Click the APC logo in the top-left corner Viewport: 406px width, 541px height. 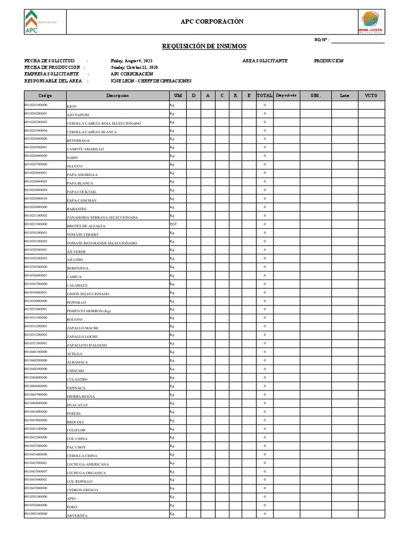[32, 22]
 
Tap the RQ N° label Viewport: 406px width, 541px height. [321, 40]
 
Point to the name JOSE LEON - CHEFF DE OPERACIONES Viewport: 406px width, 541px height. [151, 81]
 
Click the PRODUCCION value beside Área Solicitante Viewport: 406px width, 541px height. [329, 61]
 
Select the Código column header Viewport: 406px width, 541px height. [45, 96]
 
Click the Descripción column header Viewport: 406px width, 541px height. [117, 96]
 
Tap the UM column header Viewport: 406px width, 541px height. [177, 96]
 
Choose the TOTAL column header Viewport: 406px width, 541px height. [264, 96]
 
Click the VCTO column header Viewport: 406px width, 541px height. [371, 96]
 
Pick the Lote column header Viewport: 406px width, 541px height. [345, 96]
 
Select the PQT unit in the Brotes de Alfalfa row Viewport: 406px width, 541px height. [173, 224]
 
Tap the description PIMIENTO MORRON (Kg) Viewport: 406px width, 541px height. [88, 311]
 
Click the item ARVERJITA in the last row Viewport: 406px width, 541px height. [77, 515]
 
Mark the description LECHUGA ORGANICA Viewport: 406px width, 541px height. [86, 473]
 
